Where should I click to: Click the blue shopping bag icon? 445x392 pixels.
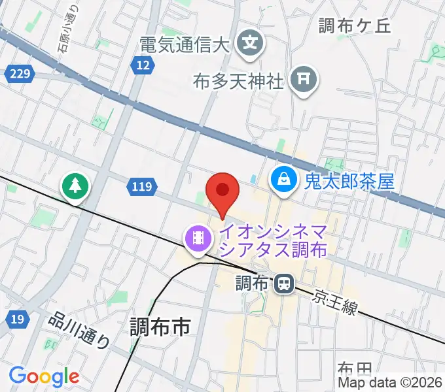[x=284, y=179]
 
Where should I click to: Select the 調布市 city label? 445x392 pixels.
[x=160, y=325]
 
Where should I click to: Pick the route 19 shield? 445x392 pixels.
[x=18, y=319]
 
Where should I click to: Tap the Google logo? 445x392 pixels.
[x=44, y=376]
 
